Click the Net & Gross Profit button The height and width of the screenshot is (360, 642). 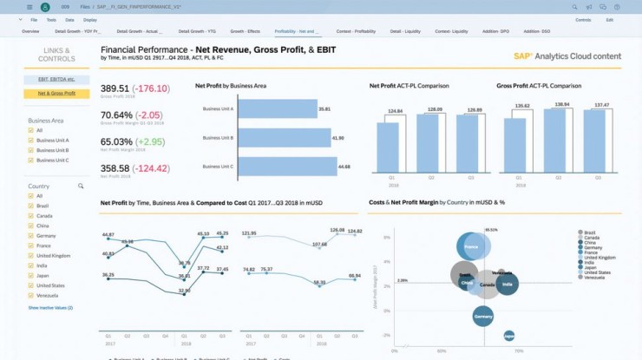pos(57,93)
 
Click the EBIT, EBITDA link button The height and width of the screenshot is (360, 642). pos(57,79)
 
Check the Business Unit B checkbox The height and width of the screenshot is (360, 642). pos(32,150)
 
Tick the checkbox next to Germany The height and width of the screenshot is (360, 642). pos(32,236)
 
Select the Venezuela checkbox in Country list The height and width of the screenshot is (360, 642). pos(32,296)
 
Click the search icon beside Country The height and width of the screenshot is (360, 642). pos(81,186)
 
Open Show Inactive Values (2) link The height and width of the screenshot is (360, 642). pos(50,308)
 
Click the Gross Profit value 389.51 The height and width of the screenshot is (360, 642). pos(115,88)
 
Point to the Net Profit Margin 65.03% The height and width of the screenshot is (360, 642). pos(117,141)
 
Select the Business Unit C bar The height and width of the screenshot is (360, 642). pos(285,167)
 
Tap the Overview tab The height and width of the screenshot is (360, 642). pos(30,30)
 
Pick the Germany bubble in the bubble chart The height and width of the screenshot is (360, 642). pos(484,317)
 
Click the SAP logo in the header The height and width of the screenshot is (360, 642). pos(523,56)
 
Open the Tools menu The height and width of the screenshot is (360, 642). pos(51,19)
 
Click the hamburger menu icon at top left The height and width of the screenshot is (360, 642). pos(10,6)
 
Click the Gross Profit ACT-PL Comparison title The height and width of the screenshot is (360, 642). pos(539,86)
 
